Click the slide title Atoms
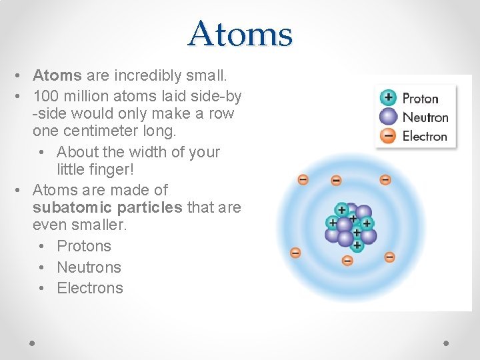click(x=240, y=34)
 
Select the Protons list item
click(x=84, y=246)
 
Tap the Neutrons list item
click(x=89, y=267)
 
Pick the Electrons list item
click(x=90, y=288)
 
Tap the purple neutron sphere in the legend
click(x=388, y=117)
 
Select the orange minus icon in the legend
click(x=388, y=136)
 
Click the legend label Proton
click(x=421, y=99)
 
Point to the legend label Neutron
click(x=425, y=117)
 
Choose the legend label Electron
click(x=425, y=136)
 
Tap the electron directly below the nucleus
click(x=347, y=261)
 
